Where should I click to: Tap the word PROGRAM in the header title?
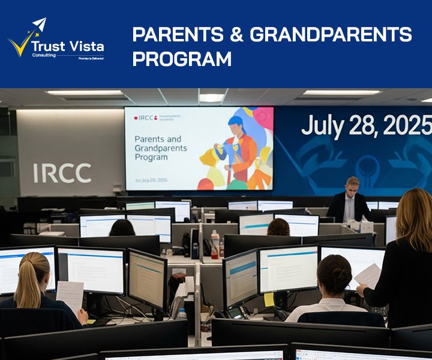[182, 59]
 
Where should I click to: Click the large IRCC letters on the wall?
[62, 173]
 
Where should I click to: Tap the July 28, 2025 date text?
[365, 125]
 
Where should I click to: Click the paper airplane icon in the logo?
[39, 25]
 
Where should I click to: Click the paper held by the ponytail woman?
[71, 295]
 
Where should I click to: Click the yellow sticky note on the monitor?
[269, 299]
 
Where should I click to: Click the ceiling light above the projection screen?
[211, 97]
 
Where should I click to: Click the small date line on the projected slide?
[151, 179]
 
